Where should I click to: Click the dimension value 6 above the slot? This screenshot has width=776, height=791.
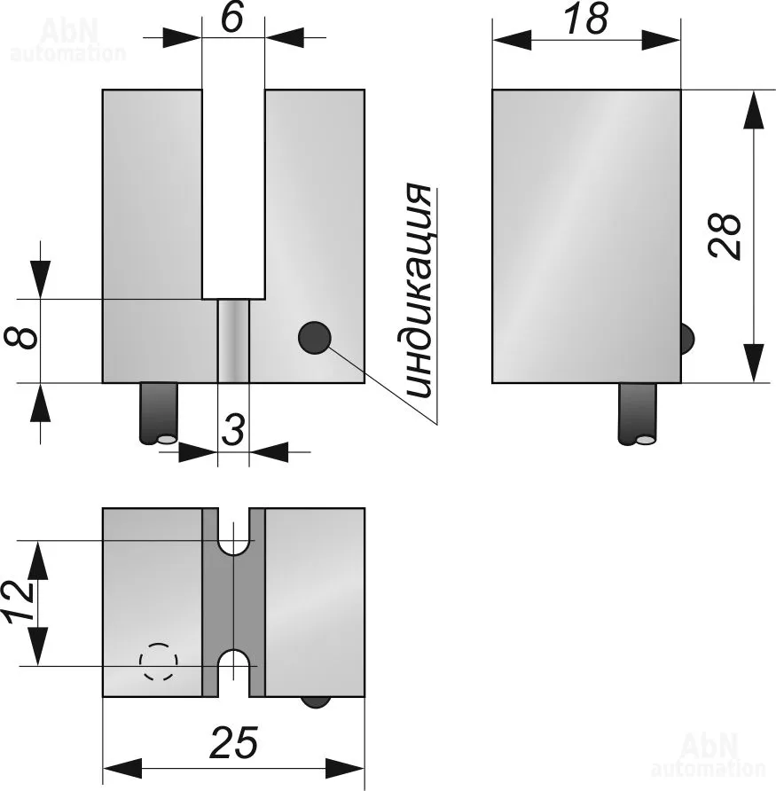232,17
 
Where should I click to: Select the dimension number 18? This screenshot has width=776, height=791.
586,19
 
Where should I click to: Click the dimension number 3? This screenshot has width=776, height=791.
232,431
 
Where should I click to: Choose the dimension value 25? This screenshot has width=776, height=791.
234,743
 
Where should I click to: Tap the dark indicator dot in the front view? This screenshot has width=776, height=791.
315,337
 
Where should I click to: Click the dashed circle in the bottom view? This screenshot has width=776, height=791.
159,661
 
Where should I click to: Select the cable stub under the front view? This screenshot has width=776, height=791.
159,412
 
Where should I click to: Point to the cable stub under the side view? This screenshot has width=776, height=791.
638,412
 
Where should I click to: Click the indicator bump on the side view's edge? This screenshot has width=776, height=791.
686,338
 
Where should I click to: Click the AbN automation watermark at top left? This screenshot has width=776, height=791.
67,41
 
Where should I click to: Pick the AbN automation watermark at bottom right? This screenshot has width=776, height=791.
708,755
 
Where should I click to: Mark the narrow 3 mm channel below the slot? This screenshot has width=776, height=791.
233,341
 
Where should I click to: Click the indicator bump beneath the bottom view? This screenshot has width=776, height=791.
315,701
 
